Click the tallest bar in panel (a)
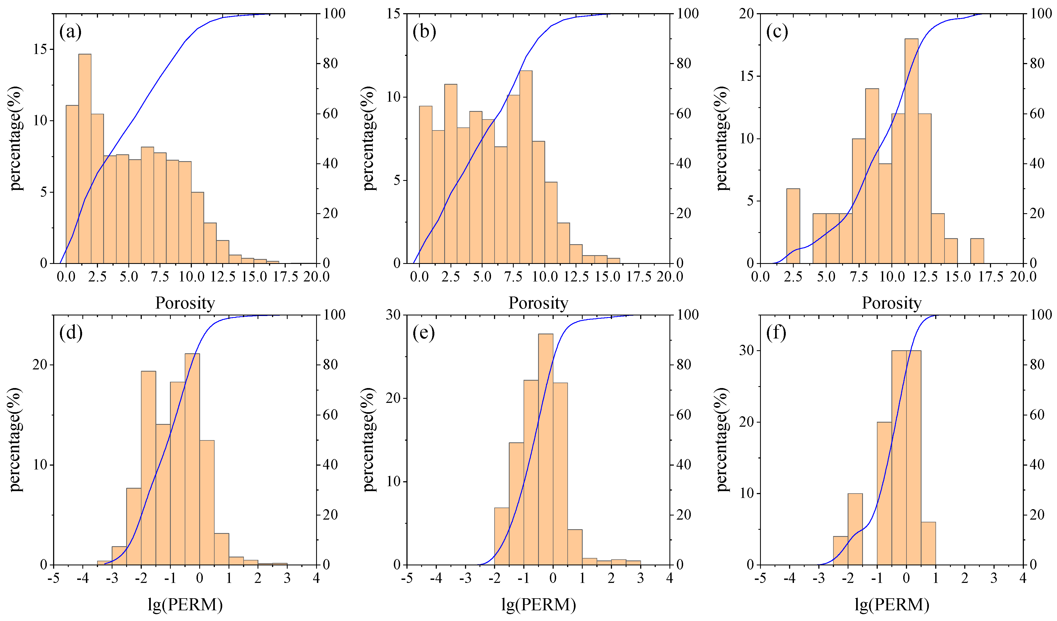point(85,159)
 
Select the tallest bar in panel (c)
point(911,151)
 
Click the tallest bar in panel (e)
point(545,449)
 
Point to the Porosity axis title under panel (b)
point(538,303)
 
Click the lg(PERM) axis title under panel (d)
point(185,605)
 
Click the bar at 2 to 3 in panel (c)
point(793,227)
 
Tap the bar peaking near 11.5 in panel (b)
point(525,168)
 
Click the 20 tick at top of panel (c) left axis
point(747,14)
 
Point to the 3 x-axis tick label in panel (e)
point(640,578)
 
